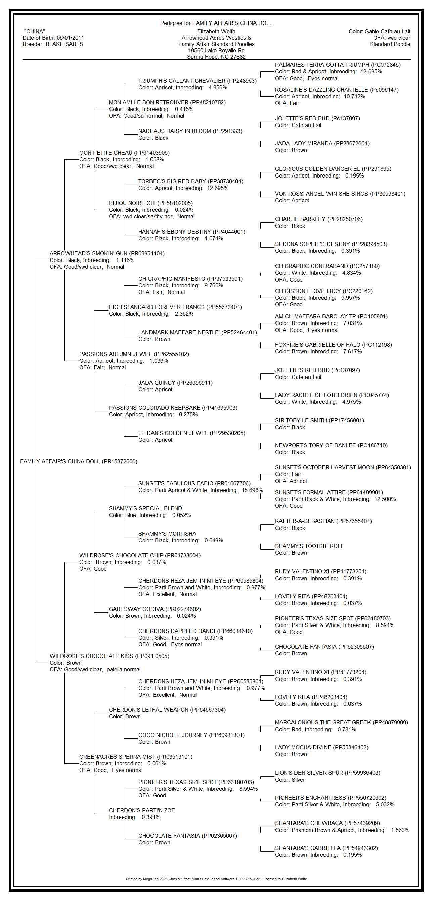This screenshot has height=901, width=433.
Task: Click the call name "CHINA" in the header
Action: pos(34,32)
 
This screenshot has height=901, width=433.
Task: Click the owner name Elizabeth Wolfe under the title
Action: pos(216,32)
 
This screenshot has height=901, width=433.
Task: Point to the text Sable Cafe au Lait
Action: pos(388,32)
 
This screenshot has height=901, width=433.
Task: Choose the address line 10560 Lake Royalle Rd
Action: pos(216,50)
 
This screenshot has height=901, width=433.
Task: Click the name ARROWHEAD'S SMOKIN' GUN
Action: pos(89,254)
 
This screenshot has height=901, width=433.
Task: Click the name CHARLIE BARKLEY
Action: pos(300,219)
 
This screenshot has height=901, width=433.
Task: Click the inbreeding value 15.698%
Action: pos(252,490)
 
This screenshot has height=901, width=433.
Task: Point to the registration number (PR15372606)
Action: pos(119,462)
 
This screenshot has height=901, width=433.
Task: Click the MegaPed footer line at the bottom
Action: pos(216,879)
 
